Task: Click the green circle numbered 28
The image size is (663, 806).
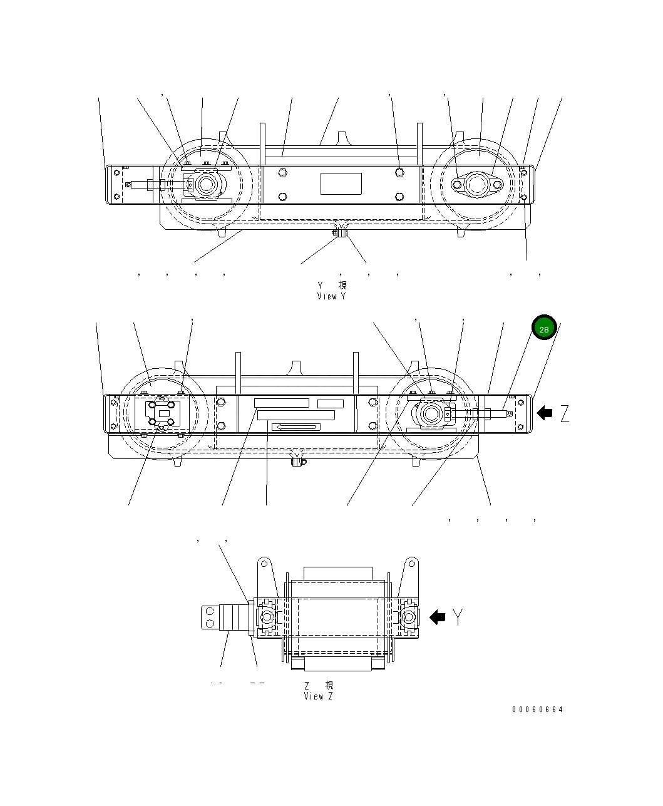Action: coord(543,328)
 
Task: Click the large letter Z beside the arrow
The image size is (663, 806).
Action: coord(565,413)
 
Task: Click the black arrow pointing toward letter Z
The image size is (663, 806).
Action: coord(545,413)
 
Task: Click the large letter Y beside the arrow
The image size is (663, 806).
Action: coord(458,617)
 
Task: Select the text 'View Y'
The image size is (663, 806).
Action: coord(331,296)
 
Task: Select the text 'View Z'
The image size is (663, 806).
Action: coord(318,696)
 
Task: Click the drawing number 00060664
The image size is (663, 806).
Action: coord(537,710)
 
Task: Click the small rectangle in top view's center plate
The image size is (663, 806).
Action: coord(341,183)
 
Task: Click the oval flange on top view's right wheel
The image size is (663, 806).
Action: coord(477,185)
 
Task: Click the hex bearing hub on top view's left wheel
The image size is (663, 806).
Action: coord(205,185)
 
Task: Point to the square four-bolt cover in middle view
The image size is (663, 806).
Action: coord(163,413)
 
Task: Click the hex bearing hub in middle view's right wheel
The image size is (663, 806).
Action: coord(431,413)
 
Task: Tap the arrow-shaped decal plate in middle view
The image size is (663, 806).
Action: coord(296,427)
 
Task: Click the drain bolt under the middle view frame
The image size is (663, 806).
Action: coord(299,462)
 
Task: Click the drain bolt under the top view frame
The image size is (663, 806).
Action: coord(340,234)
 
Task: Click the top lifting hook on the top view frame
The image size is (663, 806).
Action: coord(341,137)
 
